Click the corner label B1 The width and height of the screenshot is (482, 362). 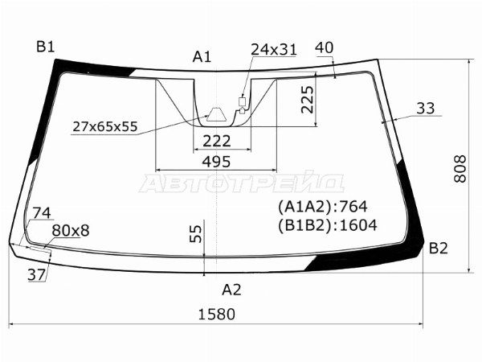click(45, 46)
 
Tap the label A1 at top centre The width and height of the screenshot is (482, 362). click(202, 56)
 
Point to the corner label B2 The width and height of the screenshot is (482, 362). click(438, 248)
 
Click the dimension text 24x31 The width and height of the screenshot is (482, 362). click(274, 50)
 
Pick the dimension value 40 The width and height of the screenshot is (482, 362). click(325, 47)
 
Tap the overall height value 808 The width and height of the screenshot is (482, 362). click(460, 169)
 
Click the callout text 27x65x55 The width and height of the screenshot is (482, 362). click(104, 126)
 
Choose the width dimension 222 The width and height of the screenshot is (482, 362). click(216, 141)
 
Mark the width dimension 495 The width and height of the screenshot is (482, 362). click(216, 162)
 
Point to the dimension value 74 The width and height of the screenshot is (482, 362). click(42, 213)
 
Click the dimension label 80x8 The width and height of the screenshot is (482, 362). click(71, 231)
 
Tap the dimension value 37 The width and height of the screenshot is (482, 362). click(37, 275)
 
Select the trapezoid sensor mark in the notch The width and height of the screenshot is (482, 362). click(216, 113)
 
